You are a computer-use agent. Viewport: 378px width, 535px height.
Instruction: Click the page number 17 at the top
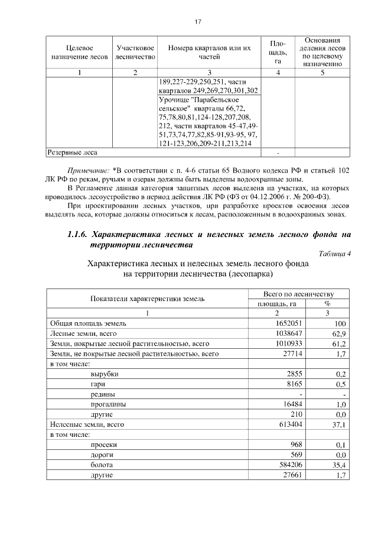pyautogui.click(x=198, y=22)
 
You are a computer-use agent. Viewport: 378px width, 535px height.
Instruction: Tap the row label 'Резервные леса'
pyautogui.click(x=73, y=153)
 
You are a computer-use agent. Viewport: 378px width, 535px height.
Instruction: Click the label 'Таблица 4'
pyautogui.click(x=334, y=254)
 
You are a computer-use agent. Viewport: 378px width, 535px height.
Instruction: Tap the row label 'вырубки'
pyautogui.click(x=103, y=374)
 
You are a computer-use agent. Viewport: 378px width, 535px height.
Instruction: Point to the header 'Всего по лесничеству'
pyautogui.click(x=299, y=294)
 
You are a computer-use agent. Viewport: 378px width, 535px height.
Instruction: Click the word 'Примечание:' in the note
pyautogui.click(x=86, y=170)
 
